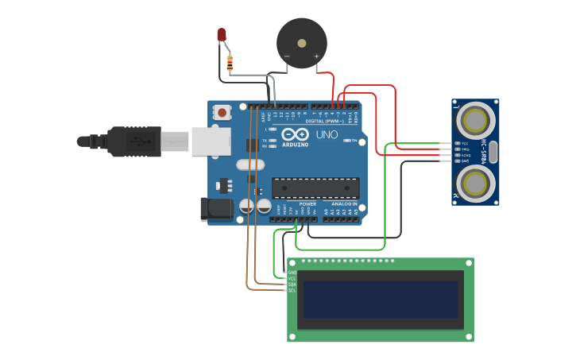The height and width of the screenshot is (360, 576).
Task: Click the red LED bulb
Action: [x=222, y=35]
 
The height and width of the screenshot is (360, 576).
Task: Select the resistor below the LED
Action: [x=230, y=63]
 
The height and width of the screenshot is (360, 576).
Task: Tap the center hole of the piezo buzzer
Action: [x=301, y=42]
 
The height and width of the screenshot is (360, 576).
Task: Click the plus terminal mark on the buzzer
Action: [x=316, y=56]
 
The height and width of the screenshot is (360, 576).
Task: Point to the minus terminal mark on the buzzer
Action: [x=287, y=56]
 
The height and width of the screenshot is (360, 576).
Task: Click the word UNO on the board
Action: [x=327, y=136]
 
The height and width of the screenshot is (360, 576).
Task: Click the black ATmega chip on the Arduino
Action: [x=315, y=188]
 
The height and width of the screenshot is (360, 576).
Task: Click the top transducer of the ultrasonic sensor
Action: [x=475, y=122]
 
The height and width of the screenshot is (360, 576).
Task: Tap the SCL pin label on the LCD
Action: [x=292, y=291]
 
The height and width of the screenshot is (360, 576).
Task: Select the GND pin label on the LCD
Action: [x=292, y=273]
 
